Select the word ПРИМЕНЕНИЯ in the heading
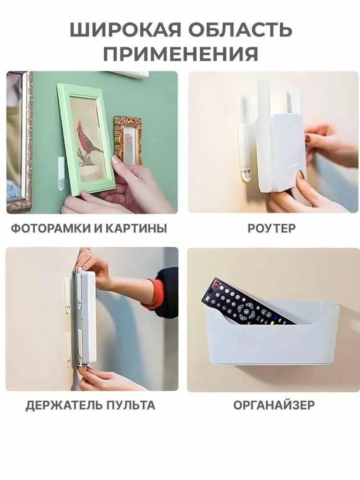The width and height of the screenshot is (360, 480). pos(180,54)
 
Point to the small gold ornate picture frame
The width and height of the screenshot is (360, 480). pos(128,140)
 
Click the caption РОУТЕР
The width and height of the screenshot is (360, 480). pos(272,228)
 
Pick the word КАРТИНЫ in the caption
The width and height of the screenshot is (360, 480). pos(140,228)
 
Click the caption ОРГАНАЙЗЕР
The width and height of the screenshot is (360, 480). pos(274,405)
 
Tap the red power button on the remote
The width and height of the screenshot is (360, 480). pos(216,285)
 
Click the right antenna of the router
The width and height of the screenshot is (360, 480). pos(290,103)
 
